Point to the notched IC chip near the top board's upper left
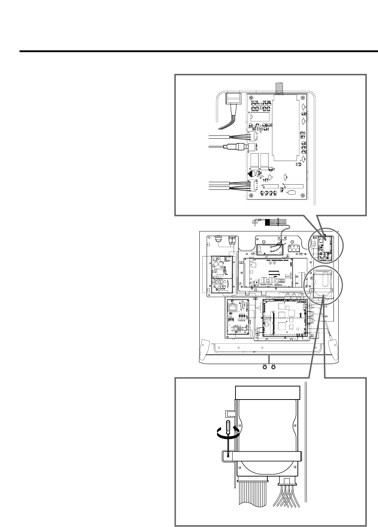click(x=258, y=118)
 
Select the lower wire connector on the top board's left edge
click(x=251, y=186)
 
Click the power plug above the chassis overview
click(x=255, y=222)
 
